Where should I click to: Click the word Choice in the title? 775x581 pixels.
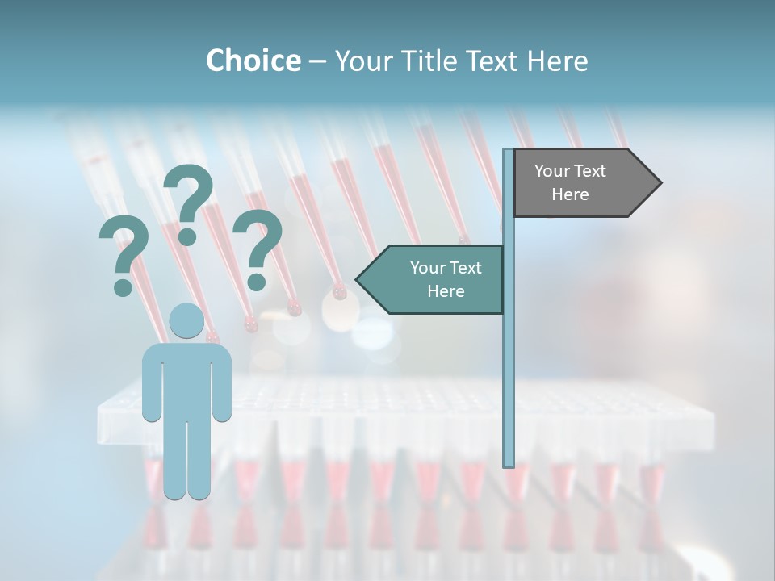(253, 61)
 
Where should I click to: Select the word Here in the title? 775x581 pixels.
(556, 61)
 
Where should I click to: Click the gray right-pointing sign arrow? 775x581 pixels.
(586, 183)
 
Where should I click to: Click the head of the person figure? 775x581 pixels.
(186, 321)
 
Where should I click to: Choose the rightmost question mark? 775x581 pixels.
(258, 246)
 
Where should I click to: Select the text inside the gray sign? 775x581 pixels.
(570, 182)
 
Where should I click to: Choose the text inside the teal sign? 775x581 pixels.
(446, 279)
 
